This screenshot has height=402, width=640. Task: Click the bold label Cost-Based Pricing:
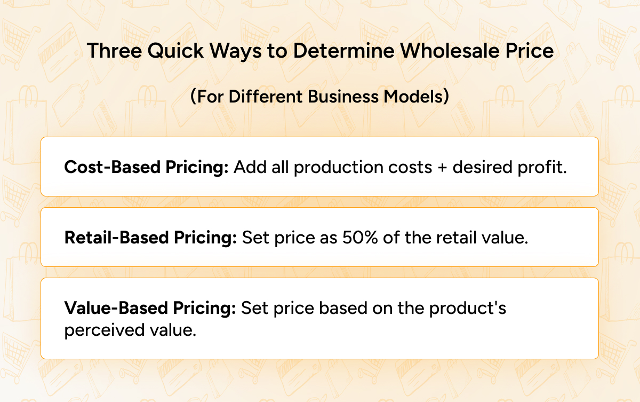pos(146,167)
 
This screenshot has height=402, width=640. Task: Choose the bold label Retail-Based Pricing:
pos(150,238)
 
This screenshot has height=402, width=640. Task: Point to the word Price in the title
pos(528,51)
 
